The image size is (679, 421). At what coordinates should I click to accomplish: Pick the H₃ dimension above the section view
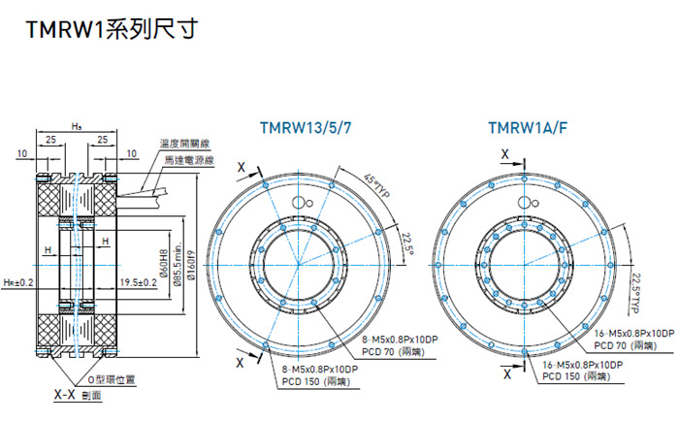tap(76, 127)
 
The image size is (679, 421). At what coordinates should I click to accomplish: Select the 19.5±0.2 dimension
tap(139, 282)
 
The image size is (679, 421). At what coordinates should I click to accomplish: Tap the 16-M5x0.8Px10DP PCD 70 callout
tap(628, 339)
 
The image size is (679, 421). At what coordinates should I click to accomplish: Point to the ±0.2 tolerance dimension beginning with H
tap(18, 282)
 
